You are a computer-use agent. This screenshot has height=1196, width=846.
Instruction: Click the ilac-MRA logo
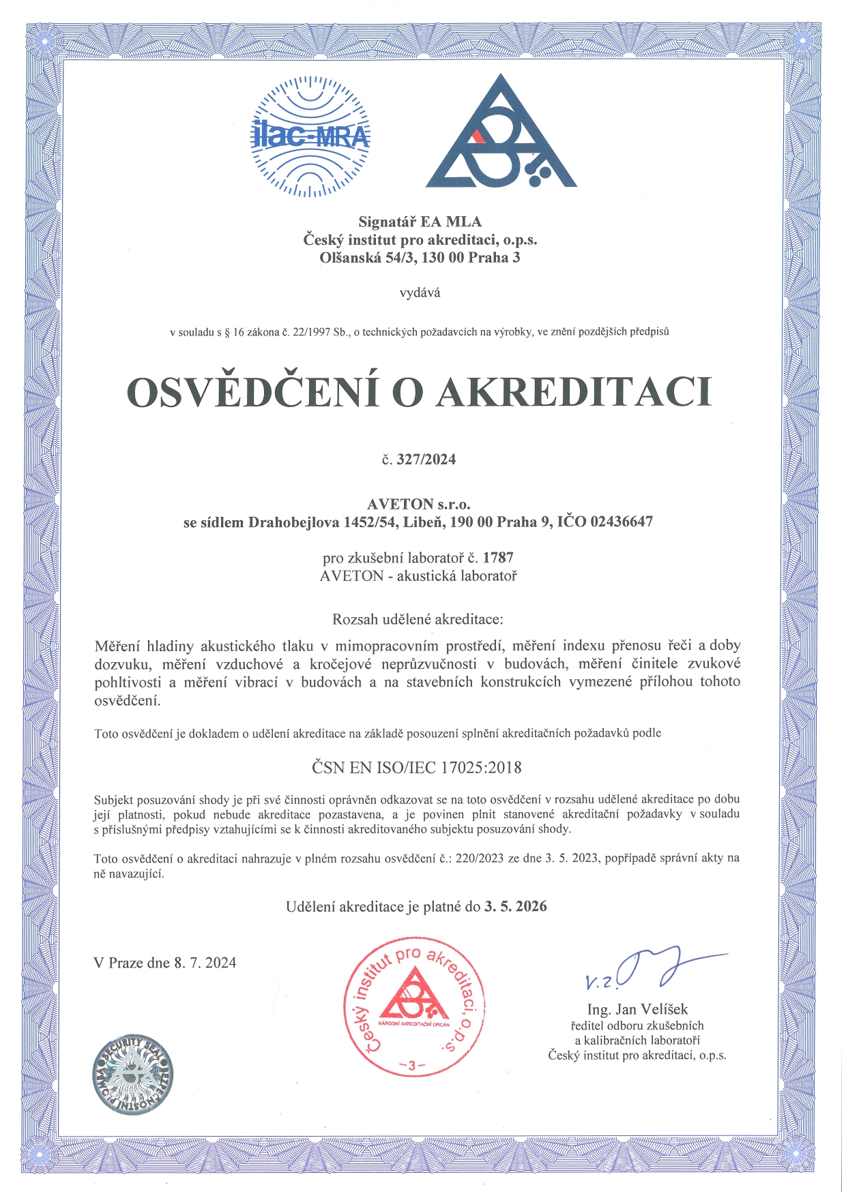pyautogui.click(x=310, y=136)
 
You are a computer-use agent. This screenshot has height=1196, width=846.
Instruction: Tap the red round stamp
pyautogui.click(x=414, y=1006)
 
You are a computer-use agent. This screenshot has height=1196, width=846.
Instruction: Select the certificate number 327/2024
pyautogui.click(x=426, y=460)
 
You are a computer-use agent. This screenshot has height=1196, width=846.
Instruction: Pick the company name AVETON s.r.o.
pyautogui.click(x=419, y=505)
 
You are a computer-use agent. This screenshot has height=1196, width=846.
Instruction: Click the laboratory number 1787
pyautogui.click(x=498, y=558)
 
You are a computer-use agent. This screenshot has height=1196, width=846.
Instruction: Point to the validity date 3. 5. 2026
pyautogui.click(x=516, y=907)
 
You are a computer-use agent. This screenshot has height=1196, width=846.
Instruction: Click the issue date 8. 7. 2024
pyautogui.click(x=205, y=963)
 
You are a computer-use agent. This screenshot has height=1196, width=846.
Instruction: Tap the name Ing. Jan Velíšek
pyautogui.click(x=637, y=1009)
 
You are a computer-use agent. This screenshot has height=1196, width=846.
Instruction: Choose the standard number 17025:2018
pyautogui.click(x=481, y=768)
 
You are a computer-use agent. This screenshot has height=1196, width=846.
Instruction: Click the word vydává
pyautogui.click(x=420, y=293)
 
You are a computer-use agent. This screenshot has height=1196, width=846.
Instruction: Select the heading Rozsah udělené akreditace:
pyautogui.click(x=418, y=620)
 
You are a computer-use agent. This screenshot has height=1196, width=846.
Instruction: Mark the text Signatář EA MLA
pyautogui.click(x=420, y=222)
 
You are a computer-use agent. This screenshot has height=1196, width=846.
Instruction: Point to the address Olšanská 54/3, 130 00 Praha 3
pyautogui.click(x=420, y=258)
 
